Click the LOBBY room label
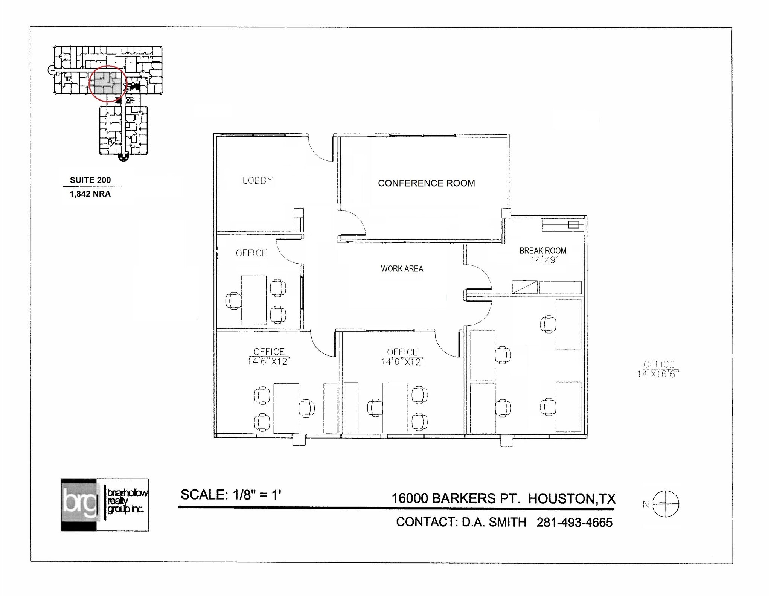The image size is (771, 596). (258, 181)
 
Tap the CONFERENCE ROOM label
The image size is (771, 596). (426, 183)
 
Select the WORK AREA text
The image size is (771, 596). (402, 269)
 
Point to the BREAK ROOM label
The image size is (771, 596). (542, 251)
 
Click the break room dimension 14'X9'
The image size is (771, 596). (543, 260)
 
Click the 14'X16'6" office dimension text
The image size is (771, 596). (658, 374)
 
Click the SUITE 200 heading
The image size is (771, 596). (90, 180)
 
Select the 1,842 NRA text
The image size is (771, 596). (90, 194)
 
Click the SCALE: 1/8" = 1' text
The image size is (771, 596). (230, 495)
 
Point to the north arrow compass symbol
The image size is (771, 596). (665, 504)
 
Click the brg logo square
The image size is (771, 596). (79, 505)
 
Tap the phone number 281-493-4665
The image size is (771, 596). (574, 523)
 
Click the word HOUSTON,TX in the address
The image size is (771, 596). (571, 498)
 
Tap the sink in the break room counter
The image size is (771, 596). (573, 225)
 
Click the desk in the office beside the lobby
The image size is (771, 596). (253, 300)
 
